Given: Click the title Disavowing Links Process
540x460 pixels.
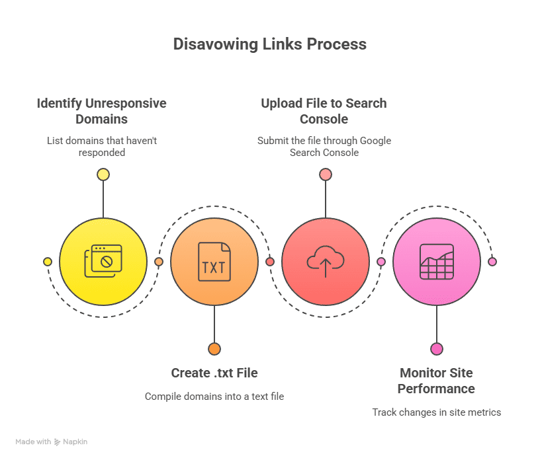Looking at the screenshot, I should click(269, 44).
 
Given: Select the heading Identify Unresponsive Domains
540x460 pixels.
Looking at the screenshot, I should click(101, 111).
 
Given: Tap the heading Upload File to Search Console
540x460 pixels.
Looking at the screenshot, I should click(324, 111).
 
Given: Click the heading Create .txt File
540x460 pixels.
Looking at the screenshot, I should click(214, 373).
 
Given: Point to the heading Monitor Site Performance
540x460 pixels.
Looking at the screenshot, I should click(436, 381).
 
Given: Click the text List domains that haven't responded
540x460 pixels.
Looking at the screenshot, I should click(101, 146).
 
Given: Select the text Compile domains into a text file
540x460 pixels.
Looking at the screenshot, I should click(214, 397).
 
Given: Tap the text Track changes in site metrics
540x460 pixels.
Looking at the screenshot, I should click(436, 412).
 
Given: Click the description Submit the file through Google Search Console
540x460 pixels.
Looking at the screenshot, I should click(324, 146).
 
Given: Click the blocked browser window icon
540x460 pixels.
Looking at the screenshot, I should click(103, 261).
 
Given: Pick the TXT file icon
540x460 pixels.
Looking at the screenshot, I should click(214, 262).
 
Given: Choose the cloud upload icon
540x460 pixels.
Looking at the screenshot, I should click(325, 262).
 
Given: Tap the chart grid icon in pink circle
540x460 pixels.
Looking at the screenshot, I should click(437, 262).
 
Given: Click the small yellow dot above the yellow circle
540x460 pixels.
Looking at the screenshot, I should click(103, 174).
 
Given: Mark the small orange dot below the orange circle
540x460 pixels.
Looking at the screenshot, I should click(214, 349).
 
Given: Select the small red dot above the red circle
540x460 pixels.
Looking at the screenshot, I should click(325, 174).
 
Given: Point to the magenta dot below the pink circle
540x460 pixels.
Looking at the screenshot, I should click(437, 349).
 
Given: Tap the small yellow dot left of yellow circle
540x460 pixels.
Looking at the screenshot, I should click(48, 262).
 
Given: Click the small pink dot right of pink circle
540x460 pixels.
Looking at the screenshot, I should click(492, 262).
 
